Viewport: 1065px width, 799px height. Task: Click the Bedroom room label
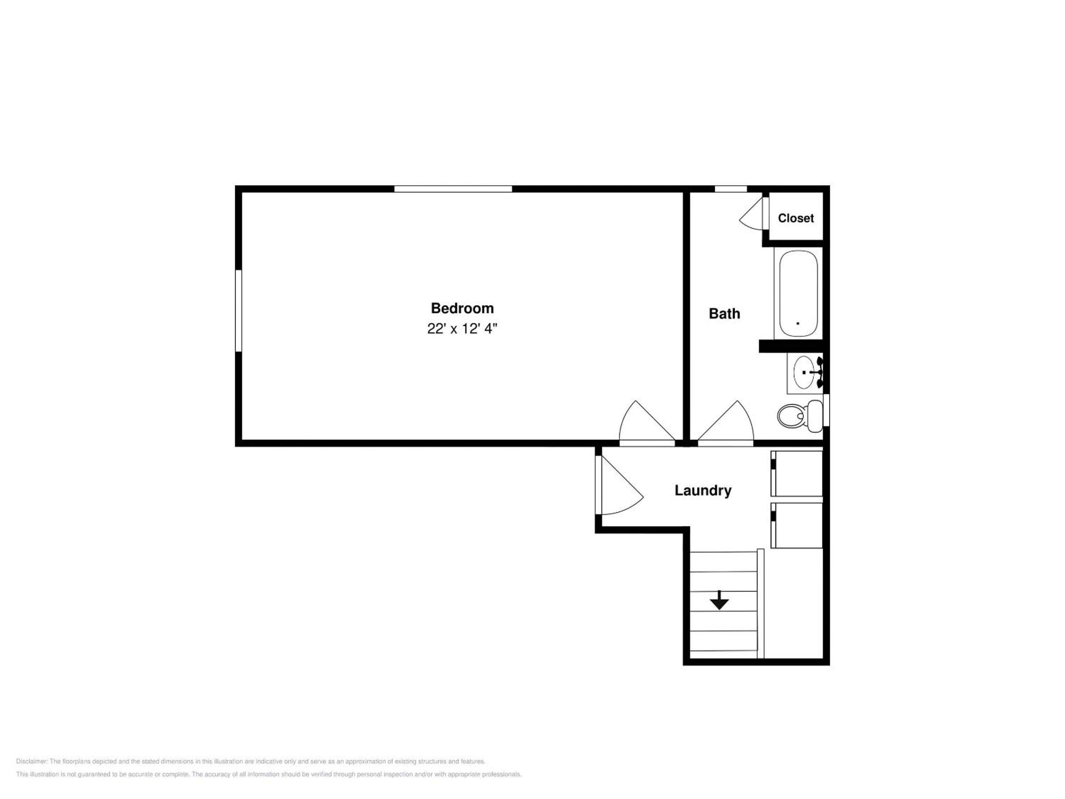(x=462, y=308)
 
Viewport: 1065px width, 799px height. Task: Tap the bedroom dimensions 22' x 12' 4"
(x=462, y=328)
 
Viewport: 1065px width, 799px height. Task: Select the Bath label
(x=724, y=314)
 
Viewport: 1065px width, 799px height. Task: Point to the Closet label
(x=796, y=218)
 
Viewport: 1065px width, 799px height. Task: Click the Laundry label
(x=703, y=490)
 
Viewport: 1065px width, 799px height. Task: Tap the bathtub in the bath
(x=798, y=294)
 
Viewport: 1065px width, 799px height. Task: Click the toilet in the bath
(x=800, y=416)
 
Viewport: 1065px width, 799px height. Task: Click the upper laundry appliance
(x=797, y=473)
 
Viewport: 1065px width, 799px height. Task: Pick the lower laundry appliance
(x=797, y=525)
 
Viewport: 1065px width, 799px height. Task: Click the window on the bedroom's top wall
(x=453, y=189)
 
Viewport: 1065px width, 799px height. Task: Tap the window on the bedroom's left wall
(x=238, y=311)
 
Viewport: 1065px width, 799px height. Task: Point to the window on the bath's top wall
(x=730, y=189)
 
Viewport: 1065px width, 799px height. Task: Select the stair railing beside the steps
(x=761, y=603)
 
